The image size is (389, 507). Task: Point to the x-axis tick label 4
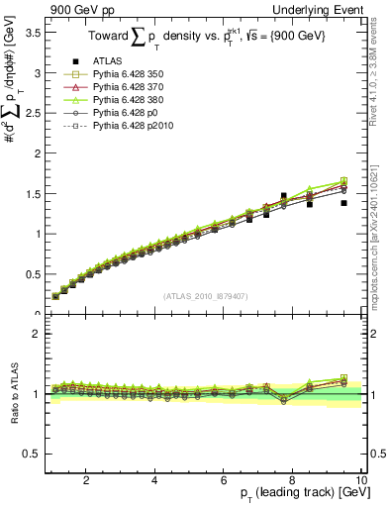154,480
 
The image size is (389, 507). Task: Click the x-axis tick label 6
224,480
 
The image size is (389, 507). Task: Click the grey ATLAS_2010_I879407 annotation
206,294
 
